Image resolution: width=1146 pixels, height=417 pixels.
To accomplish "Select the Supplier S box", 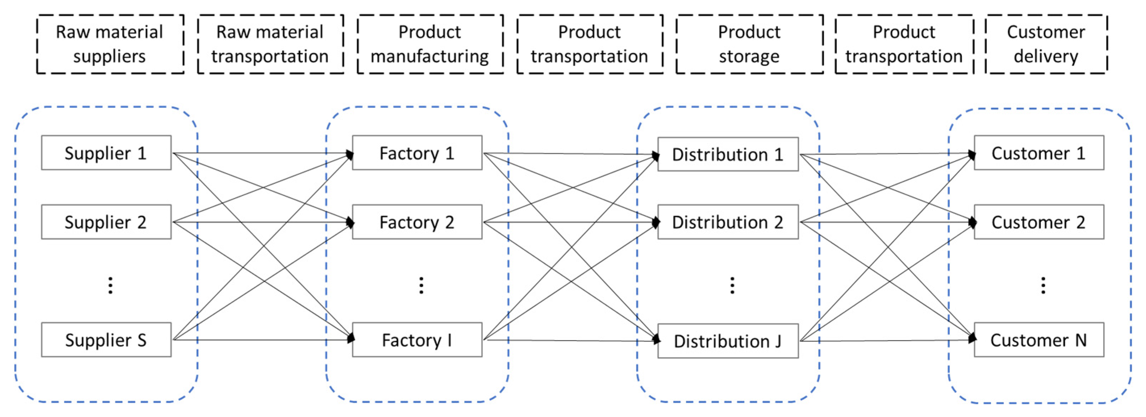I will coord(106,340).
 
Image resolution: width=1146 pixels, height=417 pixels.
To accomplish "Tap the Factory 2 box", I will coord(417,222).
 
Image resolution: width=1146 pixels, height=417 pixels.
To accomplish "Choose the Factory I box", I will coord(417,340).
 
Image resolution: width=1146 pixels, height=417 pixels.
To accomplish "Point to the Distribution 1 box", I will coord(728,154).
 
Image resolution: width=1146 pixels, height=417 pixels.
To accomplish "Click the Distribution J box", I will coord(728,341).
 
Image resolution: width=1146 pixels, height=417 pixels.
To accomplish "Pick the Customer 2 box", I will coord(1039,222).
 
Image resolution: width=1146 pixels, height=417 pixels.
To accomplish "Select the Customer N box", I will coord(1039,340).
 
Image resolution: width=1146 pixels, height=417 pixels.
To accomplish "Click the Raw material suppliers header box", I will coord(110,44).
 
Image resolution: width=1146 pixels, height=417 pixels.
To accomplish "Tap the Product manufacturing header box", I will coord(430,44).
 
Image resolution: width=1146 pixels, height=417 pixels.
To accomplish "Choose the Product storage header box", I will coord(749,44).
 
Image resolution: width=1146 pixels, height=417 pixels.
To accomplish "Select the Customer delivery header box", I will coord(1046,44).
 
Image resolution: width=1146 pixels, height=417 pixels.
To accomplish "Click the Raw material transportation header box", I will coord(270,44).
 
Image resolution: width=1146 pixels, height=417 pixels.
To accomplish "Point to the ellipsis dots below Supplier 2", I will coord(110,286).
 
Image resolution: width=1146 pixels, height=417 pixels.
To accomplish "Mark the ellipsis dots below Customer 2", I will coord(1043,286).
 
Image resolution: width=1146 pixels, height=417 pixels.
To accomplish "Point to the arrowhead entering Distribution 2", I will coord(655,222).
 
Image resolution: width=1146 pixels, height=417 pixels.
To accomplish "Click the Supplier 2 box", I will coord(106,222).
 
